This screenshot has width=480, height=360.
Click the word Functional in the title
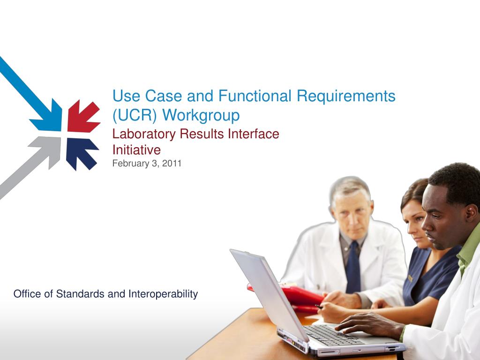[255, 96]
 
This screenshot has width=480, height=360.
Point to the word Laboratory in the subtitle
[144, 135]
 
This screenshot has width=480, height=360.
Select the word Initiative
[136, 150]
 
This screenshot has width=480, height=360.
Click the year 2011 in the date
[172, 163]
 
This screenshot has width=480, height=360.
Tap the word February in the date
[131, 164]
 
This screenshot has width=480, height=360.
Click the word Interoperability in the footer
[163, 294]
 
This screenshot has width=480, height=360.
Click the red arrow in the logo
[83, 116]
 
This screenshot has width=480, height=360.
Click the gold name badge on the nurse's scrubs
[410, 278]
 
